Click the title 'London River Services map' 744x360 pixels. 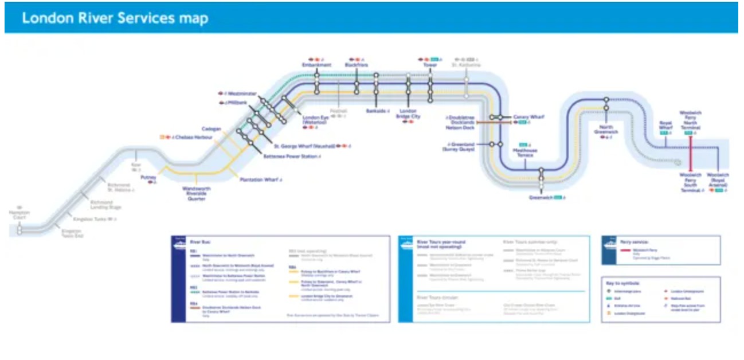[x=115, y=18]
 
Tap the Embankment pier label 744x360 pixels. [x=316, y=65]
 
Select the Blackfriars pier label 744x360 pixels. [x=356, y=65]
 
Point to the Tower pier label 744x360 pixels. [x=430, y=65]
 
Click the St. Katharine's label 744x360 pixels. [x=465, y=65]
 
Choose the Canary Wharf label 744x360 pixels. [x=528, y=117]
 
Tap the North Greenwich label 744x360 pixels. [x=606, y=130]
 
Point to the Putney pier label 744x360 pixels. [x=148, y=178]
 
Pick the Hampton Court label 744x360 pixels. [x=19, y=215]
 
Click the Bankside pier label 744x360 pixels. [x=376, y=111]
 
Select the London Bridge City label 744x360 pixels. [x=409, y=114]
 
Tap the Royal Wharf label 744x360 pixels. [x=665, y=125]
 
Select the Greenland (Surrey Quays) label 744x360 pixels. [x=459, y=147]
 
